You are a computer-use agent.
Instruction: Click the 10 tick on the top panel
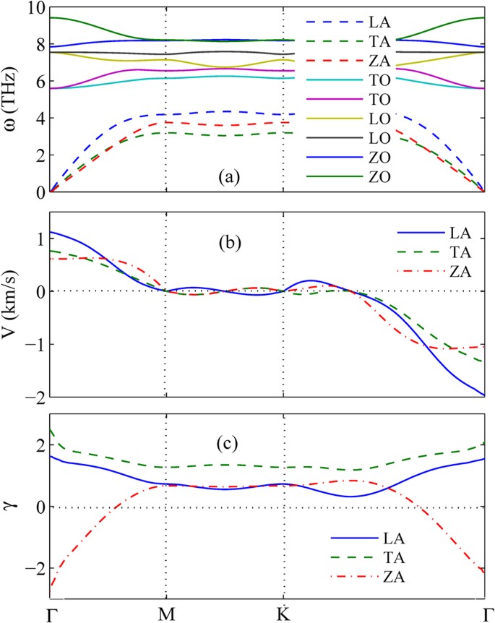pyautogui.click(x=36, y=9)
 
